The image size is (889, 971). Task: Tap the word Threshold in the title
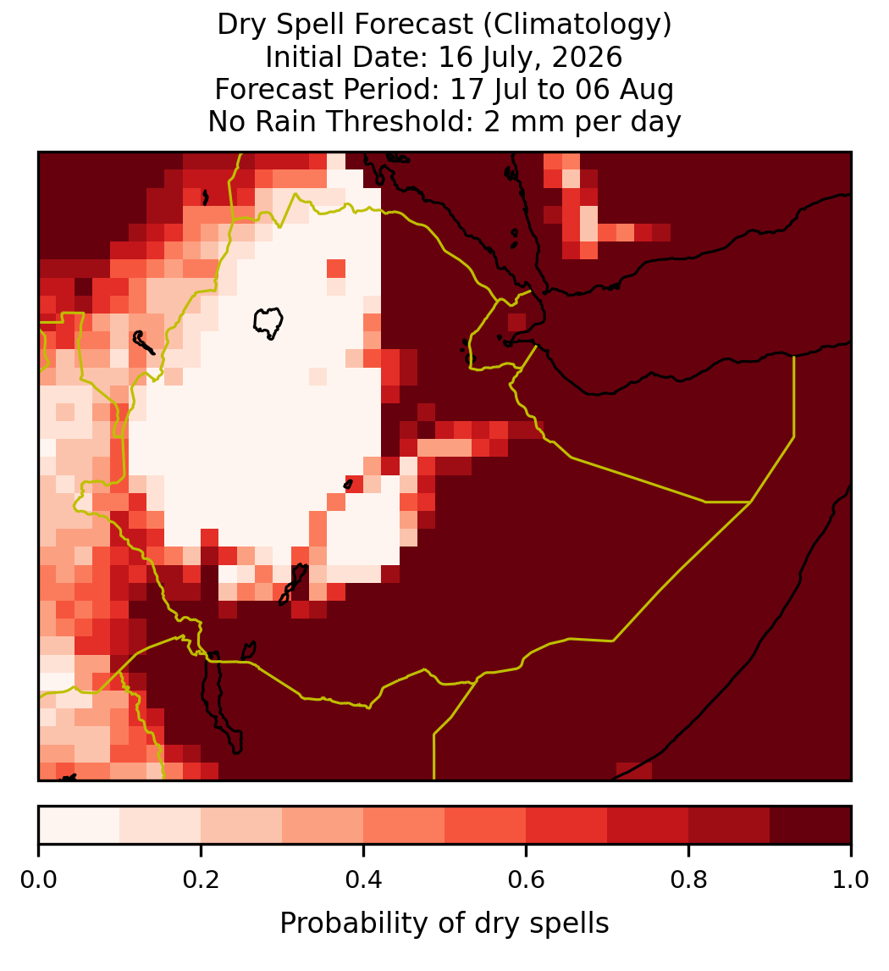click(x=416, y=121)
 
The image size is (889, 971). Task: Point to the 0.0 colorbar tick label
click(x=38, y=880)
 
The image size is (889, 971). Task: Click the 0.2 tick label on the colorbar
click(x=201, y=880)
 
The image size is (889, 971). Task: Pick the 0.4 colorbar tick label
click(x=364, y=880)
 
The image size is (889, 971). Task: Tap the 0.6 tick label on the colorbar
click(x=527, y=880)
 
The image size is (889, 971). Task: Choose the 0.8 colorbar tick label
click(x=689, y=880)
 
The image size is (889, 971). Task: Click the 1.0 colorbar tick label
click(x=851, y=880)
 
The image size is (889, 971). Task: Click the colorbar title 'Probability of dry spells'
click(x=444, y=924)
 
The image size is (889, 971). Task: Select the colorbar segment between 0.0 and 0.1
click(x=80, y=825)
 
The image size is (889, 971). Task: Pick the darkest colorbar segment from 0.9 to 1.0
click(x=810, y=825)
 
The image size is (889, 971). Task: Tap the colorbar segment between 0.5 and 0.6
click(x=486, y=825)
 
